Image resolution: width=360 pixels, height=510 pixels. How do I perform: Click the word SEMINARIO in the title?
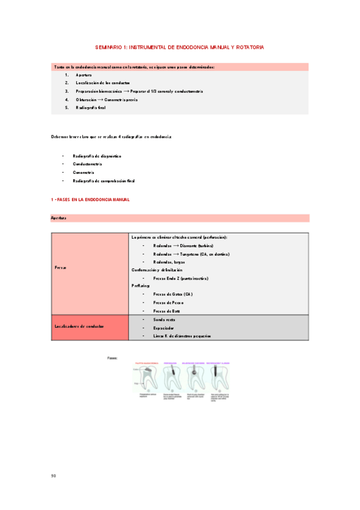pos(109,47)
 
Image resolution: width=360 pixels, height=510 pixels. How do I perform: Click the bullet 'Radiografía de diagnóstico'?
pos(97,156)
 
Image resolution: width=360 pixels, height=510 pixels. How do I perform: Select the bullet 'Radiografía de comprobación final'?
pos(103,180)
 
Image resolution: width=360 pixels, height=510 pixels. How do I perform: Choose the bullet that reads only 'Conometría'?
pos(83,172)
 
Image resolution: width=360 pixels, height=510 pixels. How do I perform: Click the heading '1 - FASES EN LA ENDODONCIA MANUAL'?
pos(91,199)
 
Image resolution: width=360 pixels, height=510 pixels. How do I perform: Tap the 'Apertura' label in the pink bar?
pos(58,218)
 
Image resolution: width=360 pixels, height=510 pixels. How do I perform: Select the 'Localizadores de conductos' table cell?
pos(79,326)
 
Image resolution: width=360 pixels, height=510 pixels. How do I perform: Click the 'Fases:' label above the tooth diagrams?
pos(112,358)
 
